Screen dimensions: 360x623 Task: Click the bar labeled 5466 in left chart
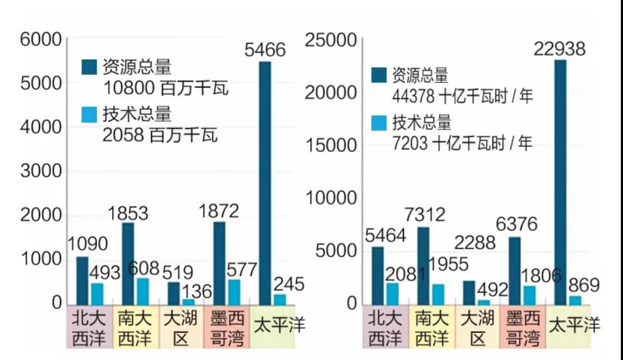pos(265,182)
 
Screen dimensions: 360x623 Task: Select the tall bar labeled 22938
pos(560,182)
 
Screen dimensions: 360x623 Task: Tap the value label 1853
pos(129,214)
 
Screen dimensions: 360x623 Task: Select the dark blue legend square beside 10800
pos(90,68)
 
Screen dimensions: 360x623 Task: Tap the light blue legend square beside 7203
pos(378,123)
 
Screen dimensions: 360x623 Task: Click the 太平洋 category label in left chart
pos(278,325)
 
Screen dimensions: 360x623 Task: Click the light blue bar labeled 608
pos(142,291)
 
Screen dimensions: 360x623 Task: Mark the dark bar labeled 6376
pos(515,271)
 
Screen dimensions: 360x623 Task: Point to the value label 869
pos(579,286)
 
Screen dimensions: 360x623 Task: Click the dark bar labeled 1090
pos(83,280)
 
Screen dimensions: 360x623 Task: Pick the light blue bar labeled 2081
pos(392,293)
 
